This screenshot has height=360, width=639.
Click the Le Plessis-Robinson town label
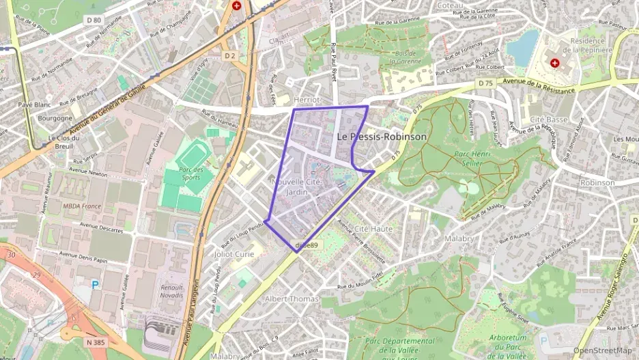382,137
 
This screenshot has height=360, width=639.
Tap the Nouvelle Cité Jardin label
296,187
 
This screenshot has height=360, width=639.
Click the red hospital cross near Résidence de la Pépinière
554,62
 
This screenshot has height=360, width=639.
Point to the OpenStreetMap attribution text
602,350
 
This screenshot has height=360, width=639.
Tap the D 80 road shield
94,20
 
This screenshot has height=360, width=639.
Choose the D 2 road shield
229,55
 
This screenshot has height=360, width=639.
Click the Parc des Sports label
191,174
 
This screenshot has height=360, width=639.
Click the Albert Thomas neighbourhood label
292,299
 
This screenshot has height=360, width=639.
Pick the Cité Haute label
373,229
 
